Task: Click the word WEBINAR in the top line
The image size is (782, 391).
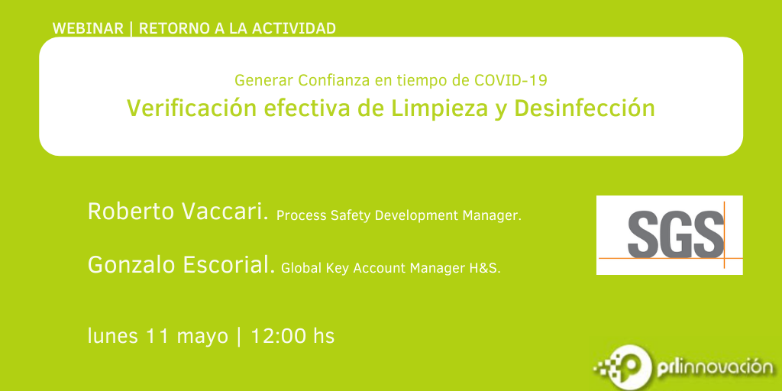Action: (88, 28)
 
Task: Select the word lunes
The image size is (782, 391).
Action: (113, 336)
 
